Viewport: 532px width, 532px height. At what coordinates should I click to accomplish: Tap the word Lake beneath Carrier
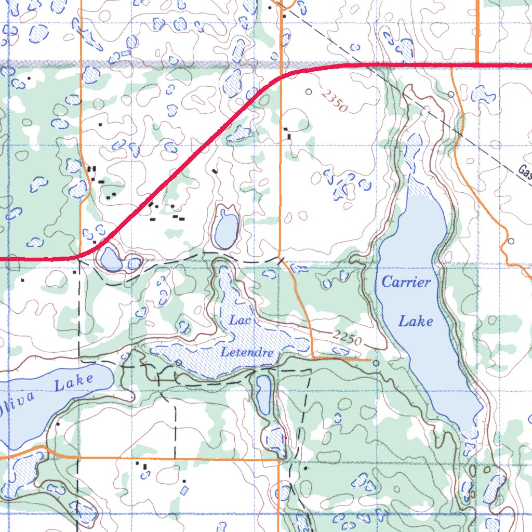pyautogui.click(x=416, y=322)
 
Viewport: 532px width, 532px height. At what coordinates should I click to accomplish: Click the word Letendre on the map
pyautogui.click(x=247, y=353)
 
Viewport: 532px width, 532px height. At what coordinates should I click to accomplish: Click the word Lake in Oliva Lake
pyautogui.click(x=74, y=382)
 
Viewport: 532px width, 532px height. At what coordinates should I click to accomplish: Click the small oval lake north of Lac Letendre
pyautogui.click(x=226, y=229)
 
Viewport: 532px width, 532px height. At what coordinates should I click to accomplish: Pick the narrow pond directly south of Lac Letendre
pyautogui.click(x=264, y=394)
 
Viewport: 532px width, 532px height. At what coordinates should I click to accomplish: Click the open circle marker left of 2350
pyautogui.click(x=309, y=92)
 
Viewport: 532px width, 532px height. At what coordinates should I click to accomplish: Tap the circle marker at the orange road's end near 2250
pyautogui.click(x=376, y=363)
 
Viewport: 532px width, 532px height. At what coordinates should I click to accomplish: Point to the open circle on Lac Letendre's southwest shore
pyautogui.click(x=178, y=362)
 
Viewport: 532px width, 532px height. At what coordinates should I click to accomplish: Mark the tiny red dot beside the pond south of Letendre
pyautogui.click(x=285, y=438)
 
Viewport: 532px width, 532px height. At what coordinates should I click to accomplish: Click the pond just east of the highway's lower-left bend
pyautogui.click(x=111, y=258)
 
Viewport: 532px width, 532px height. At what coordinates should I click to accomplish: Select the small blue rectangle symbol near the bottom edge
pyautogui.click(x=184, y=489)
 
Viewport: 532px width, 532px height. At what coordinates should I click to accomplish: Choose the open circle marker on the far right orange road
pyautogui.click(x=511, y=241)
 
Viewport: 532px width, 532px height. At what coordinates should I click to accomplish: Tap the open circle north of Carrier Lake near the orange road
pyautogui.click(x=451, y=94)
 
